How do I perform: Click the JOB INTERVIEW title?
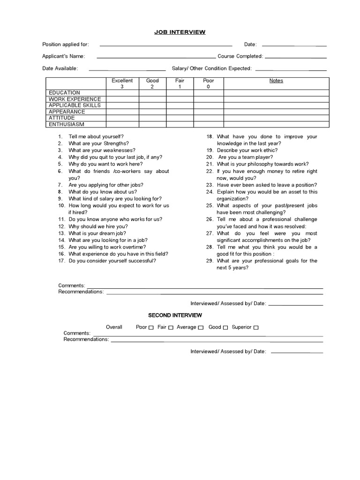pyautogui.click(x=180, y=32)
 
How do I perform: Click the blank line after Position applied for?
pyautogui.click(x=166, y=45)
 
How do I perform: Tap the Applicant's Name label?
pyautogui.click(x=63, y=56)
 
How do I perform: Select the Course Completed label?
pyautogui.click(x=240, y=56)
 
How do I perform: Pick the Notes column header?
pyautogui.click(x=276, y=81)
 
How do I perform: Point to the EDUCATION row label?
pyautogui.click(x=65, y=93)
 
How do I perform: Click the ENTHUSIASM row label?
pyautogui.click(x=67, y=125)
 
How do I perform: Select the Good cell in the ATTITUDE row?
pyautogui.click(x=152, y=118)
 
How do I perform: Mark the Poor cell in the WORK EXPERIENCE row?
pyautogui.click(x=208, y=99)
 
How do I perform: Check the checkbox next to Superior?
pyautogui.click(x=256, y=328)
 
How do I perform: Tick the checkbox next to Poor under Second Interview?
pyautogui.click(x=151, y=328)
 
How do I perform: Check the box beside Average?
pyautogui.click(x=201, y=328)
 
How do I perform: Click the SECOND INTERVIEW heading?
pyautogui.click(x=175, y=315)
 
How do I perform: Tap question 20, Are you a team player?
pyautogui.click(x=245, y=157)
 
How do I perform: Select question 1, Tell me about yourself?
pyautogui.click(x=96, y=136)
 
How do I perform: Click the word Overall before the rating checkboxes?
pyautogui.click(x=114, y=327)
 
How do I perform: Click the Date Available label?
pyautogui.click(x=60, y=68)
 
